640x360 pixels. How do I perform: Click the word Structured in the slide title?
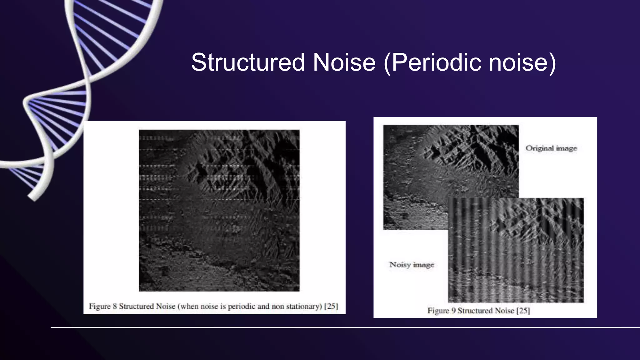(x=247, y=62)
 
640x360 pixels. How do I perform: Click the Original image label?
(x=551, y=148)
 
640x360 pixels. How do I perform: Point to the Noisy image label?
(x=412, y=265)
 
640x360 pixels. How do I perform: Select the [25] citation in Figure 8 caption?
(x=331, y=306)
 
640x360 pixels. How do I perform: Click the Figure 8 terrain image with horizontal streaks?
(x=219, y=210)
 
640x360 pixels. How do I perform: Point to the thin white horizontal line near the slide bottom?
(x=344, y=327)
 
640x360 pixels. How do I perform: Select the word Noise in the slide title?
(x=344, y=62)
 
